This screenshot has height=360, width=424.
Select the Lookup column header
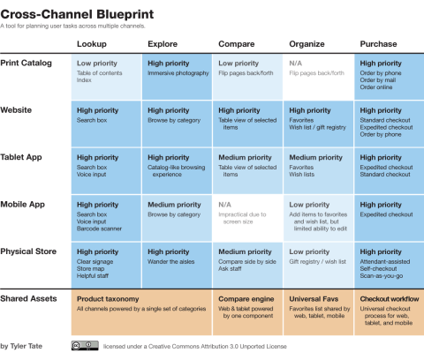[92, 43]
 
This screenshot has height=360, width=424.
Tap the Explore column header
[163, 43]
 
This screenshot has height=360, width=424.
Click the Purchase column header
[379, 43]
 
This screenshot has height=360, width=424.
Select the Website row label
[20, 110]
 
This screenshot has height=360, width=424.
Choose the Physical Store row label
[30, 251]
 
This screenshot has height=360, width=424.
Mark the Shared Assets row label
[30, 298]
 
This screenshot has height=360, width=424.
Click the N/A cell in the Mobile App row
[225, 205]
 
